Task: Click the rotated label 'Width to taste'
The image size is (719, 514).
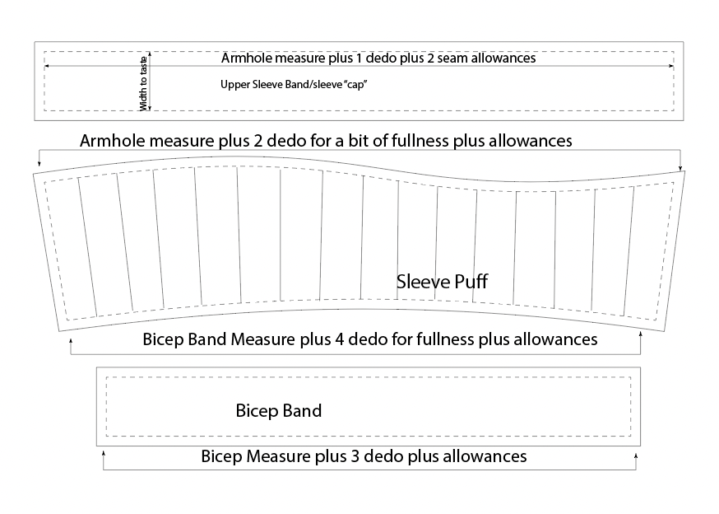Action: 145,82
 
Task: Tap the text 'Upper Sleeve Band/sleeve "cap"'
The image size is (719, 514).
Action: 294,84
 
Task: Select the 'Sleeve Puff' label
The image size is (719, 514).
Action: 443,282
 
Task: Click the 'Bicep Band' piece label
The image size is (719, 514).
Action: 279,410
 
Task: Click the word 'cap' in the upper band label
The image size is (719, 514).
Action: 357,84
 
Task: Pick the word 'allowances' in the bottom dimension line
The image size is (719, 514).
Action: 483,456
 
